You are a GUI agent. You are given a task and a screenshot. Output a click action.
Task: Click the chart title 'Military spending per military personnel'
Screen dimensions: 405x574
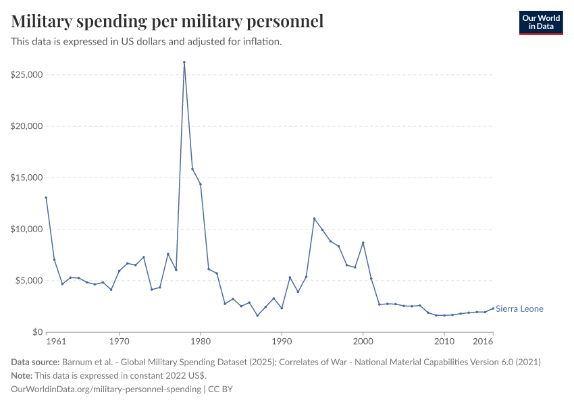coord(167,21)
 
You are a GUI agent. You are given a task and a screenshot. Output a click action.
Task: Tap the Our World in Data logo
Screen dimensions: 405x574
coord(540,22)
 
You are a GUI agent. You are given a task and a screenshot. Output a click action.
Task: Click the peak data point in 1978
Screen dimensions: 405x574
coord(184,62)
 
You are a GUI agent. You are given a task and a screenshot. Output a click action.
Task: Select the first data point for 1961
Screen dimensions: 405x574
coord(46,198)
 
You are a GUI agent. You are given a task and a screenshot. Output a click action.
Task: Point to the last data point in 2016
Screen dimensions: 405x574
coord(493,308)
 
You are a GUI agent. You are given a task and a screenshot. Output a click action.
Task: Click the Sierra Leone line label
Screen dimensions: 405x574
coord(519,309)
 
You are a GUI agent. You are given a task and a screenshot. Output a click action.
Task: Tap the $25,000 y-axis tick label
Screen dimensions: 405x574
coord(27,74)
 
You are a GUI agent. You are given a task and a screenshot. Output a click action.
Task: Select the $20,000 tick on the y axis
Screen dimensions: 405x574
coord(27,126)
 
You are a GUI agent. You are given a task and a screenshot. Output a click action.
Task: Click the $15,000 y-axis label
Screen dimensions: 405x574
coord(27,178)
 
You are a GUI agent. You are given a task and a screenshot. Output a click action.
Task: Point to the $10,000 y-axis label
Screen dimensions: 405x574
coord(27,229)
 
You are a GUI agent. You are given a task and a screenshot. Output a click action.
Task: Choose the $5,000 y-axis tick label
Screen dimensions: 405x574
coord(29,281)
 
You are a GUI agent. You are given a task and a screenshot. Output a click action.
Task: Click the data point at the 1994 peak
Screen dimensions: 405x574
coord(314,219)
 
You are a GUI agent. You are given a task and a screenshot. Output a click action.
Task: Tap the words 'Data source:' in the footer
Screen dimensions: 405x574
coord(36,362)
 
